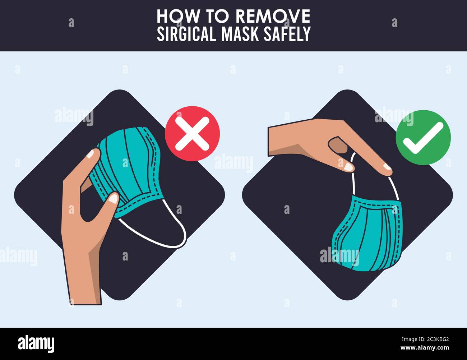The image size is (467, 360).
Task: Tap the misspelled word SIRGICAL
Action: coord(187,34)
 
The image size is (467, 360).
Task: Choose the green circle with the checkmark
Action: coord(423,138)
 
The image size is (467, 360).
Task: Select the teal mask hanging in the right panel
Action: coord(366,235)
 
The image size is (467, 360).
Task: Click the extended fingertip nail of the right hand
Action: coord(387,167)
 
